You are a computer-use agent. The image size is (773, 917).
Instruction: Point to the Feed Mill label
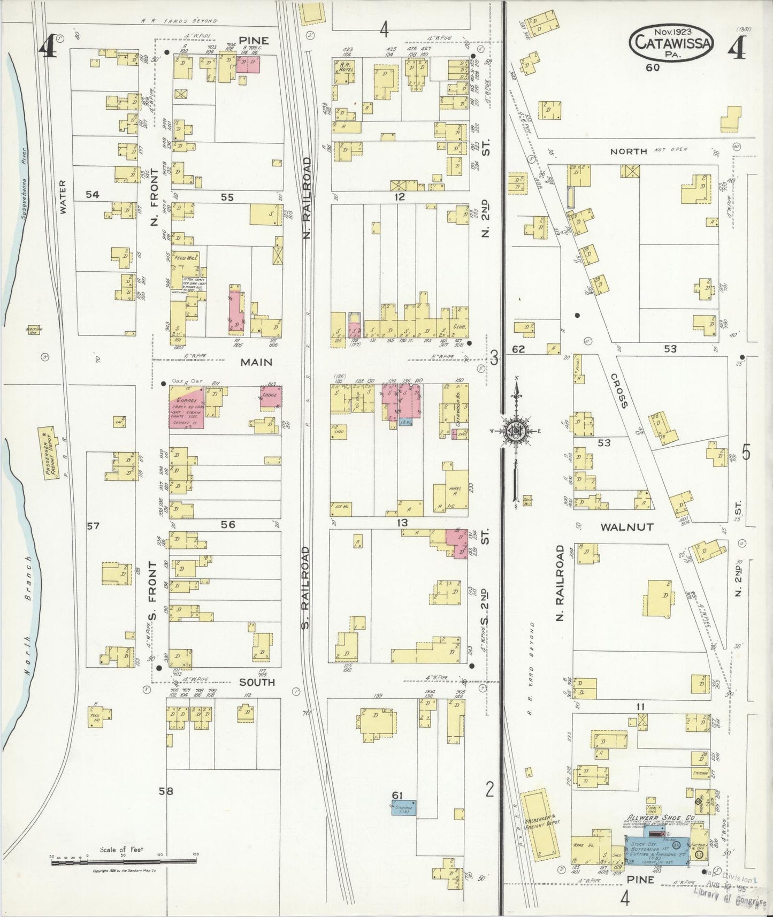click(187, 258)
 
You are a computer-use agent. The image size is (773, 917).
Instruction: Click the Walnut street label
click(626, 527)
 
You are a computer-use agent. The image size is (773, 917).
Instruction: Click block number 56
click(228, 525)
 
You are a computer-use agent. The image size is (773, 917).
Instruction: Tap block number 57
click(93, 526)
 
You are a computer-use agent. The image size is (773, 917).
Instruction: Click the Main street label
click(256, 362)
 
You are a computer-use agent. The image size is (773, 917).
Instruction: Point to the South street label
click(257, 682)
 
